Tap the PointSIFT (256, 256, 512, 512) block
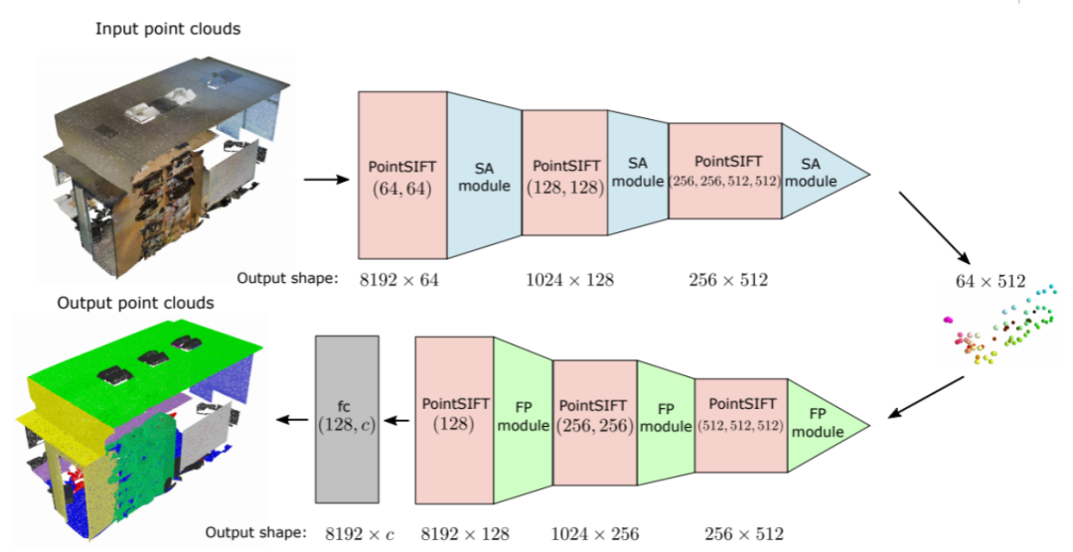coord(725,171)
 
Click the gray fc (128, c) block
coord(347,419)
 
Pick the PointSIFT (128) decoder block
coord(454,419)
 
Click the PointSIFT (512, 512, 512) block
coord(740,424)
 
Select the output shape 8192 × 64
coord(399,280)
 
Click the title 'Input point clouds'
coord(168,29)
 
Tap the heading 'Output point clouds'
coord(135,303)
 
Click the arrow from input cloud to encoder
coord(324,180)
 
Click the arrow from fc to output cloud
coord(291,420)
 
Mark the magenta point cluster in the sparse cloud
coord(949,320)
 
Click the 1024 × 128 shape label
coord(569,280)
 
